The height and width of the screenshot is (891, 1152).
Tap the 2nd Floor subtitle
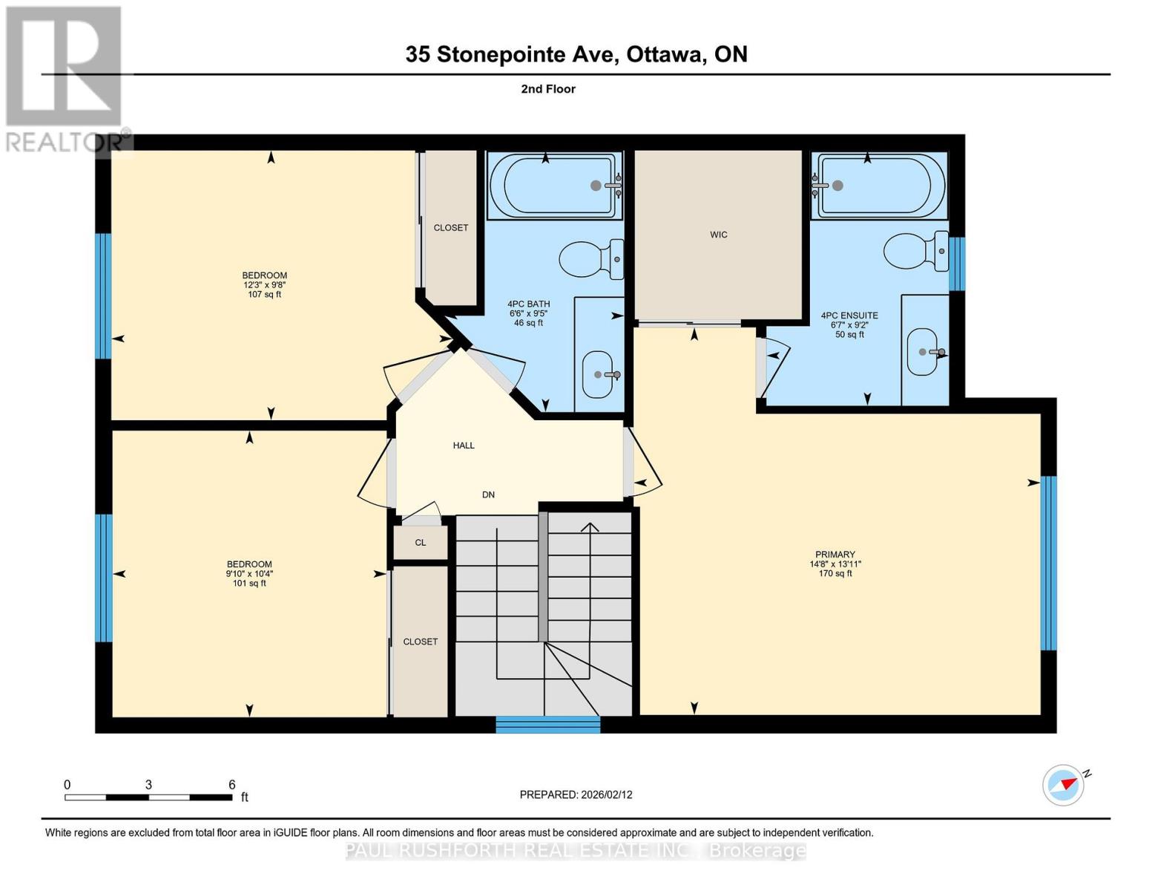[547, 89]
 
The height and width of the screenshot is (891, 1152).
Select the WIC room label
[718, 235]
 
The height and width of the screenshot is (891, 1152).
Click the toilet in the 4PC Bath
[590, 259]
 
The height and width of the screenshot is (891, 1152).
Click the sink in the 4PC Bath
[600, 373]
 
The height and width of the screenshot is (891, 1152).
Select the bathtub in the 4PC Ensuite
[879, 186]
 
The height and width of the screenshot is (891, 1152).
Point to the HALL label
[464, 446]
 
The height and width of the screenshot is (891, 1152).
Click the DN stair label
[488, 495]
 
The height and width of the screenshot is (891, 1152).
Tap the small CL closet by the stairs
[421, 543]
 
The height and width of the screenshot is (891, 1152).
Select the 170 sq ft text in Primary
[835, 574]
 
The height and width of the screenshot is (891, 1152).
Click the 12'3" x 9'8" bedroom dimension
[265, 285]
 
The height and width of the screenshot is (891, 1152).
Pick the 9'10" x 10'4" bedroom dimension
[249, 574]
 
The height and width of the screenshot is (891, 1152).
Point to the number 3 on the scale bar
[148, 785]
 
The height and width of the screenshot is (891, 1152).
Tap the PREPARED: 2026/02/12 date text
[576, 794]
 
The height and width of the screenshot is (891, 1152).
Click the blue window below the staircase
[547, 725]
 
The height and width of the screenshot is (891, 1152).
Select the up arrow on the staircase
[590, 528]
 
